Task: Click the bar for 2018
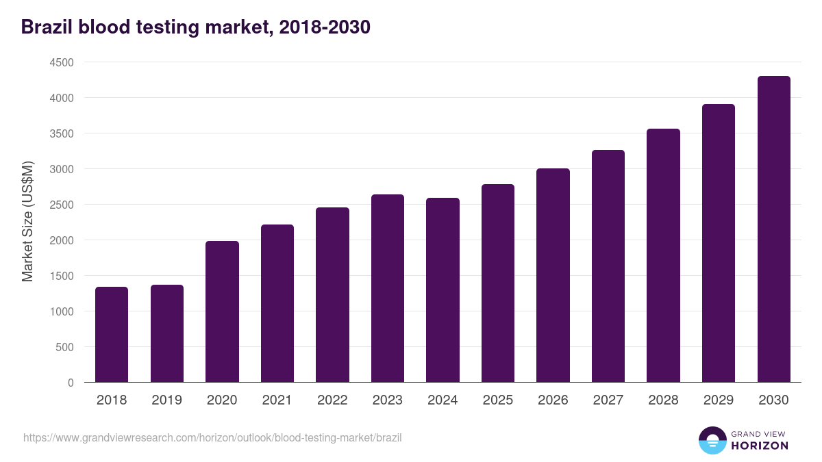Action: tap(112, 335)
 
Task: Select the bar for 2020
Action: tap(222, 311)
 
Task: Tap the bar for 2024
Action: tap(443, 290)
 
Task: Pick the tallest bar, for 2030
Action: tap(773, 229)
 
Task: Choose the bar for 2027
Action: tap(608, 266)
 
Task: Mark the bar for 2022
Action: tap(332, 295)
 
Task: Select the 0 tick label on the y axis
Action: tap(71, 383)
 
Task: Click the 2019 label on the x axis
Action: tap(166, 400)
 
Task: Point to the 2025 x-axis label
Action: tap(497, 400)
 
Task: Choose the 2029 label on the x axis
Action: tap(718, 400)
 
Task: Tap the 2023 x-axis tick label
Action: tap(387, 400)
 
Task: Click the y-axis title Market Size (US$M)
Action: tap(27, 222)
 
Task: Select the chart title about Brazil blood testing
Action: tap(196, 27)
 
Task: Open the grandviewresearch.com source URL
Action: tap(212, 437)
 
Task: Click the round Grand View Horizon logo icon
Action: tap(712, 440)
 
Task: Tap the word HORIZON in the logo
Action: tap(760, 446)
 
